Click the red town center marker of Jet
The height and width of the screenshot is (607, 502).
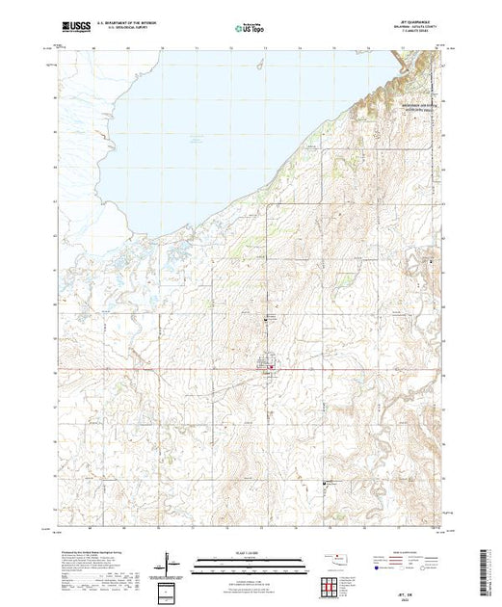271,365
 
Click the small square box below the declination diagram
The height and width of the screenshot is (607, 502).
172,590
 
